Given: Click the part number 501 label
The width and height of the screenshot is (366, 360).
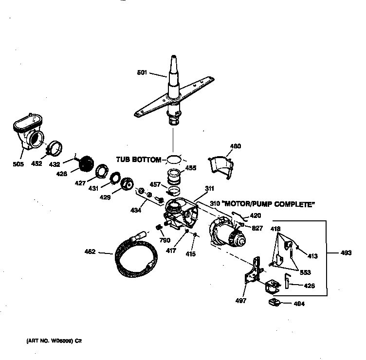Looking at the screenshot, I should tap(142, 73).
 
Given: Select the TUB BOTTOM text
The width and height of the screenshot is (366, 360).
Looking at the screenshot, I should tap(138, 160).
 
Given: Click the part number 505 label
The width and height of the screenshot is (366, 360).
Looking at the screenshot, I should tap(18, 164).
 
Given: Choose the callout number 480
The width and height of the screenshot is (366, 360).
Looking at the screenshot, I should tap(235, 146).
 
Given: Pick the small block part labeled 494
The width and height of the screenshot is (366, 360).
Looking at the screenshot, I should tap(275, 304).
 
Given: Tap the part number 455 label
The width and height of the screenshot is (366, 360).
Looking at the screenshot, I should tap(191, 168).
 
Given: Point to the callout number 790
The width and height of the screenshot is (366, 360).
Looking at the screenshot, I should tap(164, 240).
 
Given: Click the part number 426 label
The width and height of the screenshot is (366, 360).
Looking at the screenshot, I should tap(309, 286).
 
